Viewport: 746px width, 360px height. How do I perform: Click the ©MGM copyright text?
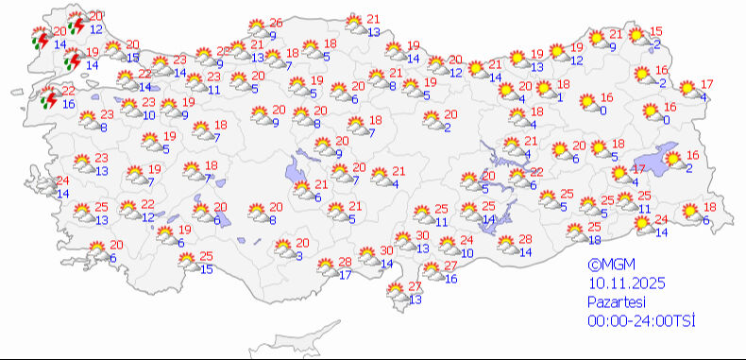pos(607,267)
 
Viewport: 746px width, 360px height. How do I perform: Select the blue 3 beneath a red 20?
pos(298,255)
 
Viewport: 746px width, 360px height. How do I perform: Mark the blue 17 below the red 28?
pos(345,275)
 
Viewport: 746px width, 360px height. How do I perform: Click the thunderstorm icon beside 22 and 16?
pos(47,97)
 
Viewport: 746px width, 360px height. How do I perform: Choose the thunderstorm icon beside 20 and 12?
pos(74,23)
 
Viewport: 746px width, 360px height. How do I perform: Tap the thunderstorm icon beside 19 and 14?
pos(72,60)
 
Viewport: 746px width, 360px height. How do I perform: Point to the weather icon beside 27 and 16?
pos(429,273)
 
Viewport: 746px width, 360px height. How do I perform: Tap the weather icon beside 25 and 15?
pos(184,262)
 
